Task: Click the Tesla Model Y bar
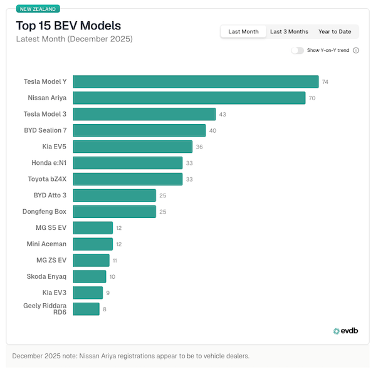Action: pyautogui.click(x=196, y=81)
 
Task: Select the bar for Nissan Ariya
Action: pyautogui.click(x=189, y=98)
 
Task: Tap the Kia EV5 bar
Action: pyautogui.click(x=133, y=147)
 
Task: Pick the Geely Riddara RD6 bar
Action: pyautogui.click(x=86, y=309)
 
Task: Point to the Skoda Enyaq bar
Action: pyautogui.click(x=90, y=276)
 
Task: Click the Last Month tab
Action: pyautogui.click(x=243, y=31)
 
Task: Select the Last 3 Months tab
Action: pyautogui.click(x=289, y=31)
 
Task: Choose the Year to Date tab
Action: pyautogui.click(x=335, y=31)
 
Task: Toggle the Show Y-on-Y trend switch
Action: pyautogui.click(x=297, y=50)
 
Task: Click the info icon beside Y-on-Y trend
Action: pyautogui.click(x=356, y=50)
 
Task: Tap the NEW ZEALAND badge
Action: pyautogui.click(x=38, y=9)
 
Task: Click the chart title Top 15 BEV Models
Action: pyautogui.click(x=68, y=26)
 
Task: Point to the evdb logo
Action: pyautogui.click(x=345, y=331)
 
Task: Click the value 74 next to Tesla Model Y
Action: pyautogui.click(x=325, y=82)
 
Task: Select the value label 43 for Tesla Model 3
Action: pyautogui.click(x=222, y=114)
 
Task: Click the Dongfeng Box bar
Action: pyautogui.click(x=115, y=212)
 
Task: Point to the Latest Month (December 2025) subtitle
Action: pyautogui.click(x=74, y=39)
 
